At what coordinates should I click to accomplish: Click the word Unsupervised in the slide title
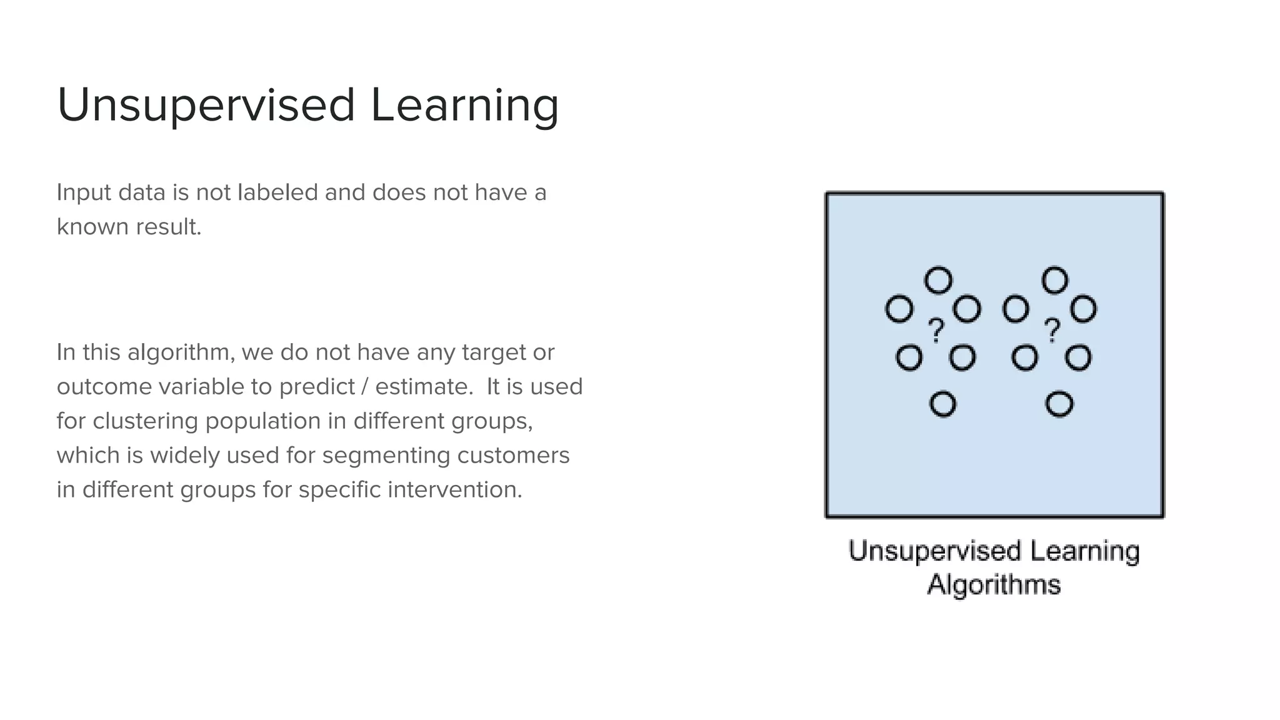[206, 105]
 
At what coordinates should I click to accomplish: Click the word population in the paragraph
[263, 421]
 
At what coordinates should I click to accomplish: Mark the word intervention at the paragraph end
[454, 489]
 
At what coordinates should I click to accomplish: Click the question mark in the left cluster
[936, 330]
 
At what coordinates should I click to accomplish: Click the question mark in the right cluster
[1052, 330]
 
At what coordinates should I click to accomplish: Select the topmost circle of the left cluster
[938, 281]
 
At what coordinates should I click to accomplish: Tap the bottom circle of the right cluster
[1059, 404]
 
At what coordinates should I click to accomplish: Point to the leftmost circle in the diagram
[899, 309]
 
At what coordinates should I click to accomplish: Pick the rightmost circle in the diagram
[1083, 309]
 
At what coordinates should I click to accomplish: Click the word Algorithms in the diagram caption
[994, 585]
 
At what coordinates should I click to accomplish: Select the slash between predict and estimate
[364, 387]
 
